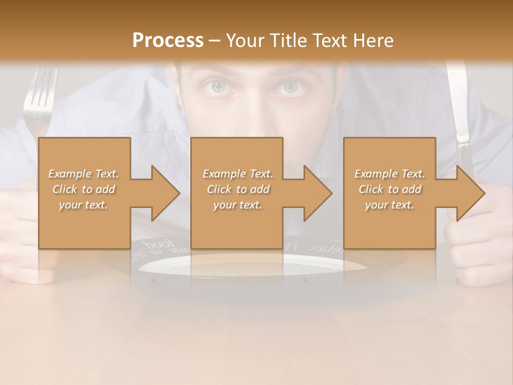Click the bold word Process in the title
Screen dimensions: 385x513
168,40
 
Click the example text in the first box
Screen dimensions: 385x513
83,189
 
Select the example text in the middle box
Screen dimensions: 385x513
237,189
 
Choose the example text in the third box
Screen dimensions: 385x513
390,189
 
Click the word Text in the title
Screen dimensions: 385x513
328,40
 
